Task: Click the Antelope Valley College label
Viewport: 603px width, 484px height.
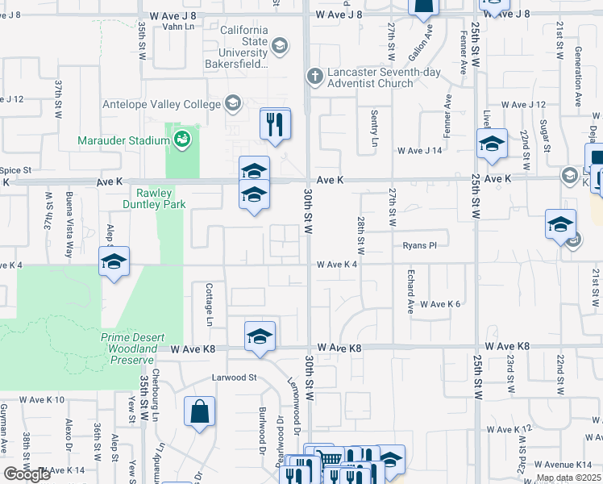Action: pos(161,104)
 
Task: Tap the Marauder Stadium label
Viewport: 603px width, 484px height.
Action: pos(123,140)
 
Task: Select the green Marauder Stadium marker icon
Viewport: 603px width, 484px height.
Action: pos(183,140)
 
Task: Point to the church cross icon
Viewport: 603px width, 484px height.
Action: pos(315,77)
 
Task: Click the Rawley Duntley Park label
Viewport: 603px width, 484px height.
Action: pos(160,198)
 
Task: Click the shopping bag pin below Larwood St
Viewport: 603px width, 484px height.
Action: pos(199,411)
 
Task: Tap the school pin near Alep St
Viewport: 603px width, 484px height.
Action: pos(114,261)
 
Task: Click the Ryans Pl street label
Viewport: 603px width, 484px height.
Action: pos(419,245)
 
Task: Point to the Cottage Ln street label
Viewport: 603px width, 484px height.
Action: pos(209,304)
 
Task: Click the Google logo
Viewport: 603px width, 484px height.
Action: pos(27,474)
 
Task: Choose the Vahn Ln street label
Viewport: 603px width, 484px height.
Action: pos(179,26)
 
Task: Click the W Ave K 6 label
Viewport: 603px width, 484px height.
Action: pos(441,304)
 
